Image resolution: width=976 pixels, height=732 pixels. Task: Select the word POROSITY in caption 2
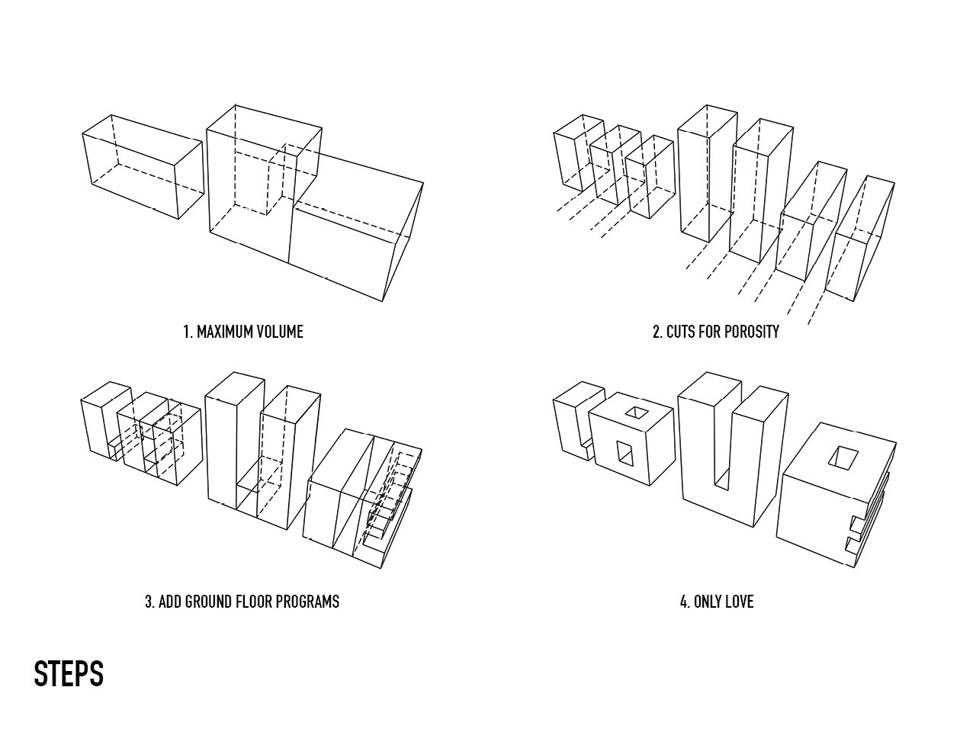751,332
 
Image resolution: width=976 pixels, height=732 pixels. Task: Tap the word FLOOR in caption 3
255,602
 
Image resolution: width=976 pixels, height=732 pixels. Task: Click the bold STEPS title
69,675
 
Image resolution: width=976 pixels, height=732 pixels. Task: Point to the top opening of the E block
843,457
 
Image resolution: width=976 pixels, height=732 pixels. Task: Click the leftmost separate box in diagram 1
143,168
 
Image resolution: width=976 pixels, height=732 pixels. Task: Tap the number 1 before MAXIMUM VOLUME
187,332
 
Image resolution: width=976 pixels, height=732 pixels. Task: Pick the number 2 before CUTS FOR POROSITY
657,332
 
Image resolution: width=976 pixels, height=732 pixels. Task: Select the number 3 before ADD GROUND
149,602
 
